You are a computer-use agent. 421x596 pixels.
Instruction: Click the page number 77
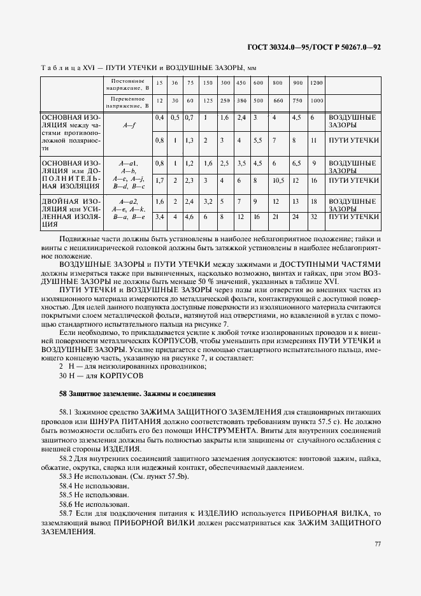tap(377, 543)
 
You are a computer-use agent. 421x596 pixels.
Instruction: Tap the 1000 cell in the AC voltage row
tap(316, 102)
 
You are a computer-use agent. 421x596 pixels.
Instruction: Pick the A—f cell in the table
tap(129, 126)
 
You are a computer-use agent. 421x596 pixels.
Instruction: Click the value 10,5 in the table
tap(277, 180)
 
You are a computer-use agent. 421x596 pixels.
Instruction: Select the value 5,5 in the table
tap(258, 140)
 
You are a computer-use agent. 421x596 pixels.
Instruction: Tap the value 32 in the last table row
tap(313, 216)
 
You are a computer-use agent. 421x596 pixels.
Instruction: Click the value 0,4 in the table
tap(159, 118)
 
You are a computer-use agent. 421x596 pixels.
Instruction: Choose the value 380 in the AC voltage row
tap(241, 102)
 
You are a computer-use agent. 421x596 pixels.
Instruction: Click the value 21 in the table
tap(276, 216)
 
